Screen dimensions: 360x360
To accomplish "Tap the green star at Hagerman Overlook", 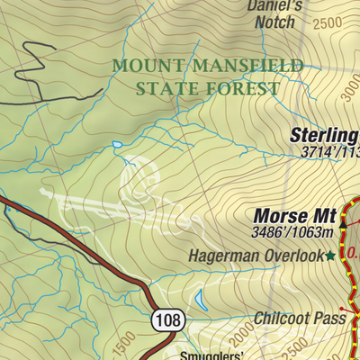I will pyautogui.click(x=330, y=256).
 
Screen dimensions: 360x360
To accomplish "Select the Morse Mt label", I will pyautogui.click(x=294, y=216).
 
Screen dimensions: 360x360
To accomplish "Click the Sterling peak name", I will pyautogui.click(x=324, y=136).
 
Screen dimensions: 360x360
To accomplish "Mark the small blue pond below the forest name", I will pyautogui.click(x=116, y=144).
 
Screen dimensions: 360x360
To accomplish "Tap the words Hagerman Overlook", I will pyautogui.click(x=255, y=256).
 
